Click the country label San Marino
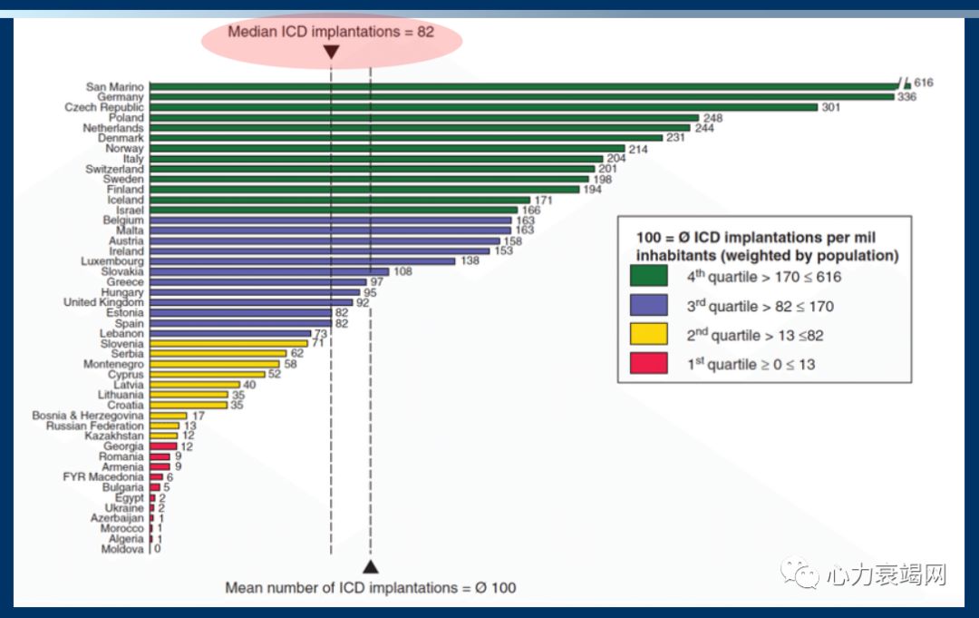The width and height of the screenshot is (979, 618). coord(114,87)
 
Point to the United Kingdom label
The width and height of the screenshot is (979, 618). coord(103,302)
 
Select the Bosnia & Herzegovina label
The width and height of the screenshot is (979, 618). coord(87,416)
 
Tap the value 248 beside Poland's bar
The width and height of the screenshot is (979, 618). coord(713,118)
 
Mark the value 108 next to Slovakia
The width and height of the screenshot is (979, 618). coord(404,271)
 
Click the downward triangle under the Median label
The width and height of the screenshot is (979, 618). coord(331,53)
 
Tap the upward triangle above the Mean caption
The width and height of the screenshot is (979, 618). coord(370,567)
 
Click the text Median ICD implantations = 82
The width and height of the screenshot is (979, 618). coord(331,32)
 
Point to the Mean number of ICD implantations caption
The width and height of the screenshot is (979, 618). coord(370,588)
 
